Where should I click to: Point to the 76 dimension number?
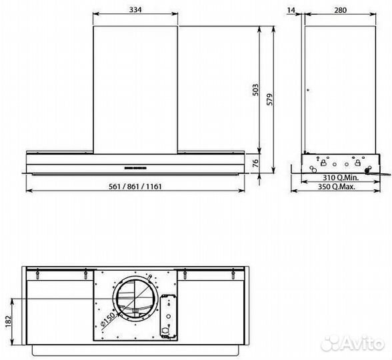[x=256, y=163]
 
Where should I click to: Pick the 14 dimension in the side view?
[x=290, y=9]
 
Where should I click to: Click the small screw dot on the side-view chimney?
[x=307, y=90]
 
